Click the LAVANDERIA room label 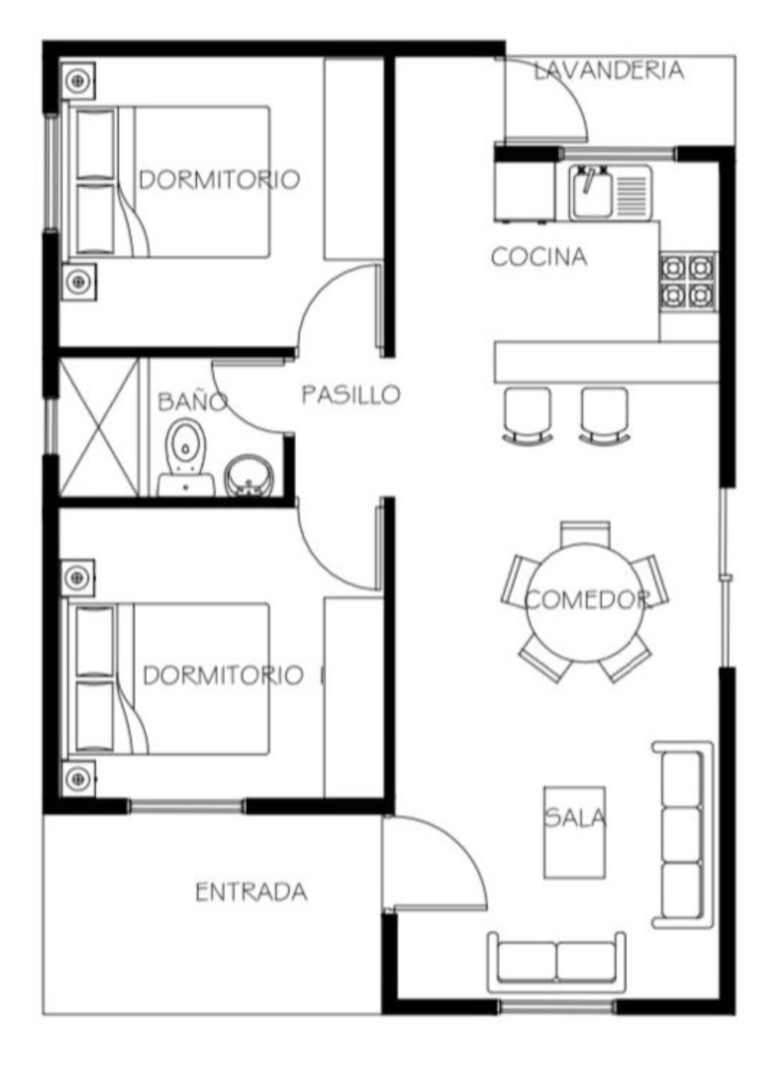click(609, 70)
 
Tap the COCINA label click(539, 256)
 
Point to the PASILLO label click(351, 395)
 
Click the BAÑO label click(192, 401)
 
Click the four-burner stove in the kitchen click(688, 282)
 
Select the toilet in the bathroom click(186, 457)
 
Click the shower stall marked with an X click(98, 427)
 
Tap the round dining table click(585, 603)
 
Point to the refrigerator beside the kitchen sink click(526, 184)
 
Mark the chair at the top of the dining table click(585, 532)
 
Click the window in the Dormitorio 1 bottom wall click(187, 806)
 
